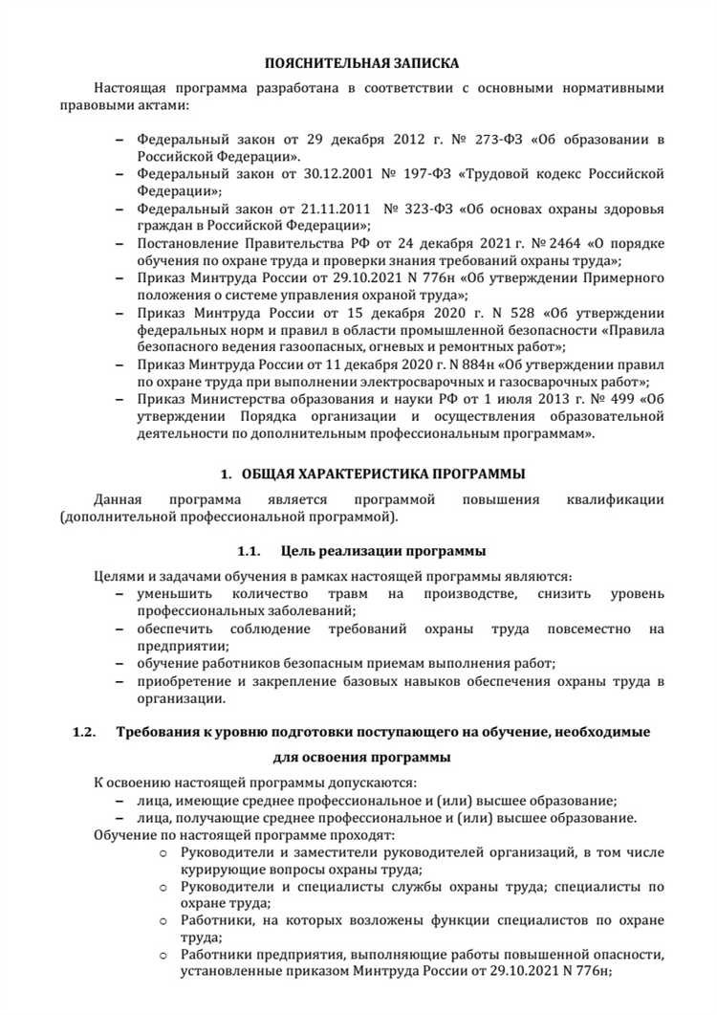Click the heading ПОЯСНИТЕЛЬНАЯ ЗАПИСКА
pyautogui.click(x=362, y=63)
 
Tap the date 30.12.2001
pyautogui.click(x=327, y=174)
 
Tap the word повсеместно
pyautogui.click(x=582, y=629)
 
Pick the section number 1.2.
pyautogui.click(x=85, y=733)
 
